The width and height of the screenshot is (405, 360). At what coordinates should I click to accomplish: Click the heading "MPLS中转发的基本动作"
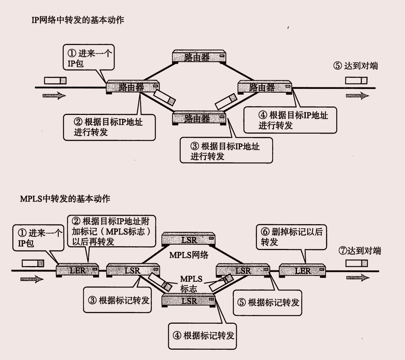(65, 199)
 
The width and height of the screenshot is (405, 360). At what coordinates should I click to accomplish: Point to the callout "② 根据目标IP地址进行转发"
(109, 127)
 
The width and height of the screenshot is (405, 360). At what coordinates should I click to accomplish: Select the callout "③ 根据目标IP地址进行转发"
(226, 151)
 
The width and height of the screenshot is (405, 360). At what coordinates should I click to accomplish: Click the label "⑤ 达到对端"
(355, 66)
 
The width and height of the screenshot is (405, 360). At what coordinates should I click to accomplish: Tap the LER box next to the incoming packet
(77, 271)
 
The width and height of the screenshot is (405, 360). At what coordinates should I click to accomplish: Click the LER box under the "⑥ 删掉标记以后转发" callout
(302, 271)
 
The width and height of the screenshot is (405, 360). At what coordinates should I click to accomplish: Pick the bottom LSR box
(189, 300)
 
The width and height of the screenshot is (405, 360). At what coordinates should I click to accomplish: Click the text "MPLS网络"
(189, 255)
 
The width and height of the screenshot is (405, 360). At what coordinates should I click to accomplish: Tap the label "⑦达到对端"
(360, 251)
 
